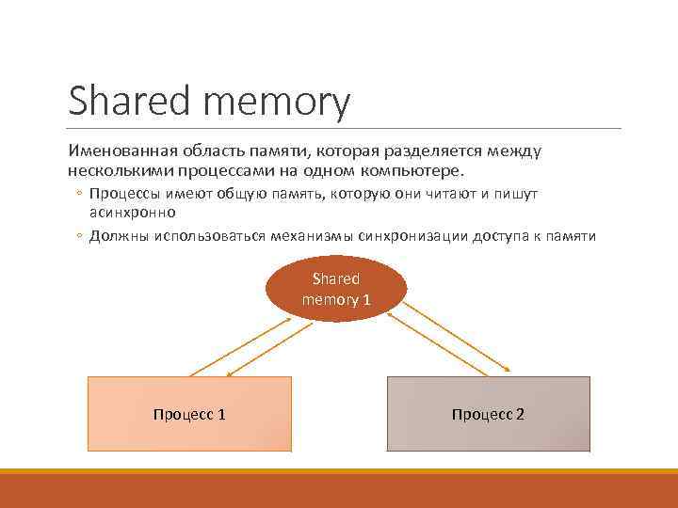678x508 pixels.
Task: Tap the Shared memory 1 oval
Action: (x=336, y=289)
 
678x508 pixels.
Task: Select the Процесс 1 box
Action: (x=189, y=414)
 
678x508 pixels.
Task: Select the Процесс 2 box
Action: (x=488, y=414)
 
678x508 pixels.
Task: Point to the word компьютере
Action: (x=418, y=171)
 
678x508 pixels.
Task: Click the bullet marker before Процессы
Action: (x=80, y=195)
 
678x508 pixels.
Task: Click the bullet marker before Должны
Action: (x=80, y=236)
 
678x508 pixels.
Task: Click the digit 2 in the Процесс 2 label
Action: (x=520, y=414)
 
